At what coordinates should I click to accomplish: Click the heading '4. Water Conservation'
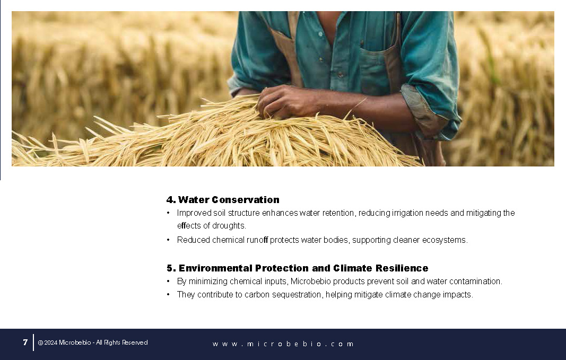(223, 199)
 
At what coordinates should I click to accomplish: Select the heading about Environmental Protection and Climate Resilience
(298, 268)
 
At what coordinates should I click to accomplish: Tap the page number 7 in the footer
(25, 343)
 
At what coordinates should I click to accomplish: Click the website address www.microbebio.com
(283, 344)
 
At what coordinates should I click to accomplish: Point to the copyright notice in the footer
(93, 343)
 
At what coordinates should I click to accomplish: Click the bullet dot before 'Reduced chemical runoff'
(168, 240)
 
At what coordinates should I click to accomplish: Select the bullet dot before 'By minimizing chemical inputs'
(168, 281)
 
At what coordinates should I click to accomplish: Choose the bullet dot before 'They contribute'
(168, 294)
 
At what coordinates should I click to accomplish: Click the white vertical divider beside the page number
(33, 343)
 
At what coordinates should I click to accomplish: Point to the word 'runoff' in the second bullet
(257, 240)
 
